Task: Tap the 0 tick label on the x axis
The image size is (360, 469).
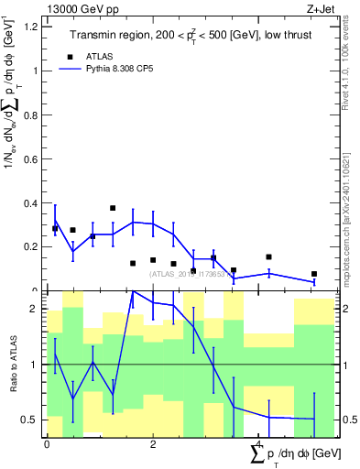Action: point(47,444)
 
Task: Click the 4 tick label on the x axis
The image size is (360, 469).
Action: point(259,444)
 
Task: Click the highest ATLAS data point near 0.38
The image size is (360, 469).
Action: point(113,208)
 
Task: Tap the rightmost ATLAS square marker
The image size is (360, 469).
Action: point(313,274)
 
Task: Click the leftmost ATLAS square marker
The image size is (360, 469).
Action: point(55,228)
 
